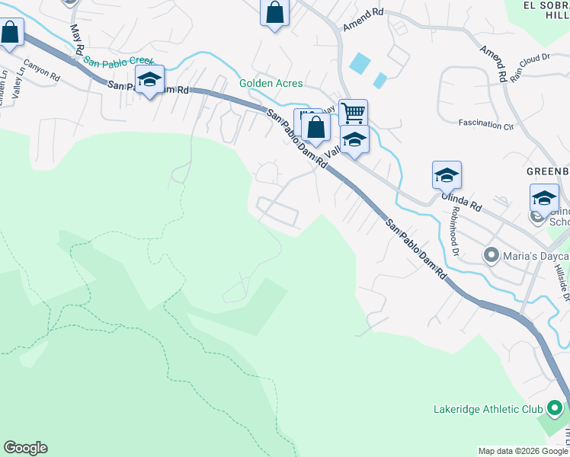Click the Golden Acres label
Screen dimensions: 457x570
point(271,84)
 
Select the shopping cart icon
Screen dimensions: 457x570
point(353,113)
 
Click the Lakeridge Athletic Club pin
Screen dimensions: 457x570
point(554,410)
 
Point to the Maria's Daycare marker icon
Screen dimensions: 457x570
point(491,254)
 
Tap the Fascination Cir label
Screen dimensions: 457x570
point(485,123)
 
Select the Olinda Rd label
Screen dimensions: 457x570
point(463,200)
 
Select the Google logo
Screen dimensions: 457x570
point(25,448)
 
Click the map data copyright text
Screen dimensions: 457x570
point(522,451)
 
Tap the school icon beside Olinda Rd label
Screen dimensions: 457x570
point(447,175)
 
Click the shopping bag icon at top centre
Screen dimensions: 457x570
point(274,12)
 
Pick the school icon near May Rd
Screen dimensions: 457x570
point(150,79)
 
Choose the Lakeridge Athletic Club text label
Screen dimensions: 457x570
point(488,410)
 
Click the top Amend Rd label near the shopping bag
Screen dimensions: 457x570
point(363,20)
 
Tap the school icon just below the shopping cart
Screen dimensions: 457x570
point(354,140)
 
